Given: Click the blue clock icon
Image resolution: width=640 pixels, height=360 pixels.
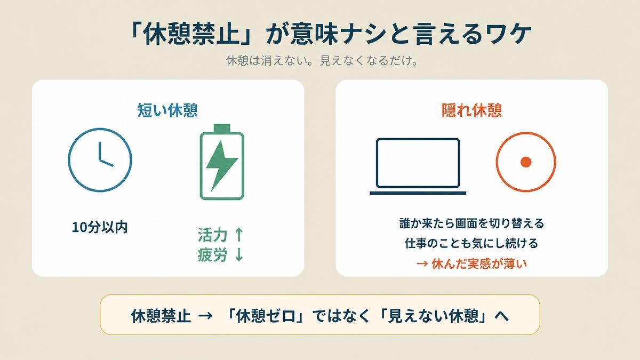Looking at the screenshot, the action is click(x=69, y=160).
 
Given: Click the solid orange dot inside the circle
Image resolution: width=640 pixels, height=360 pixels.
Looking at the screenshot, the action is click(x=526, y=162).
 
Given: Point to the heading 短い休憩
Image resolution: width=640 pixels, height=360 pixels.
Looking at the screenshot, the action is click(x=167, y=110).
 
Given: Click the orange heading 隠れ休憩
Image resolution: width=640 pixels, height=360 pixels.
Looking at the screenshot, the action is click(x=471, y=110).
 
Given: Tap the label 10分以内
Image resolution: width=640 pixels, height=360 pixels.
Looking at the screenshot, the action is click(x=100, y=227).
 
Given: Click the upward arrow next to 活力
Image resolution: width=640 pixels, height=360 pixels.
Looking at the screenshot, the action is click(x=239, y=235).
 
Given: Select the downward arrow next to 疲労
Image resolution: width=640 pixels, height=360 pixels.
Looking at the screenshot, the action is click(x=239, y=254).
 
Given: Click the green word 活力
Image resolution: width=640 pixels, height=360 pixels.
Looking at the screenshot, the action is click(x=213, y=235).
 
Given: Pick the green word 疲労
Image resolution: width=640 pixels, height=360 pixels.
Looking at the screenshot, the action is click(x=213, y=254).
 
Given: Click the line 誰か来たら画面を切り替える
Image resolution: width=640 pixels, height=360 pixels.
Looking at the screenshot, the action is click(x=471, y=223).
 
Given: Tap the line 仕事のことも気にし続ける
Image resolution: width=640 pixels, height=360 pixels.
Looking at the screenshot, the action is click(x=471, y=243).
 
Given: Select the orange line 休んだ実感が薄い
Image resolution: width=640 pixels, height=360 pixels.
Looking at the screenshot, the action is click(x=479, y=264).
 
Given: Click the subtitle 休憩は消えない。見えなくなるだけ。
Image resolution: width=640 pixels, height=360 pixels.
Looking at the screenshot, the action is click(x=322, y=61).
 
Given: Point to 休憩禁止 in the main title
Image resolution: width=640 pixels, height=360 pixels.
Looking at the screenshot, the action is click(x=191, y=34).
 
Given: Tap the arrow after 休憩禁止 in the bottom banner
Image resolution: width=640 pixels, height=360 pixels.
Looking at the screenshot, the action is click(x=205, y=316).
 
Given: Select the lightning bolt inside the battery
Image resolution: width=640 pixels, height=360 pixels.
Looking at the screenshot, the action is click(x=222, y=166).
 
